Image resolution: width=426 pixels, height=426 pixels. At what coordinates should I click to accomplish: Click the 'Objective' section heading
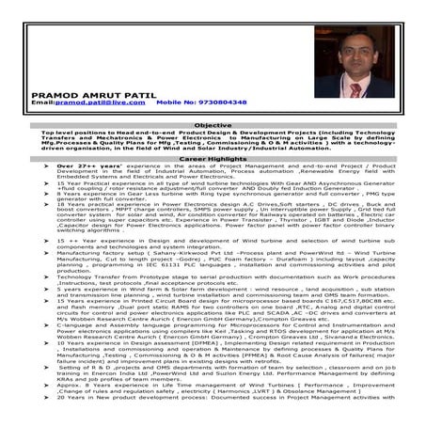pos(213,125)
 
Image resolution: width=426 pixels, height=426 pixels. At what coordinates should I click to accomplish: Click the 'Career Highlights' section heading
pos(213,161)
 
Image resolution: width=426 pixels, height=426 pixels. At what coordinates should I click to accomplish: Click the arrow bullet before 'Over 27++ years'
pos(34,167)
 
